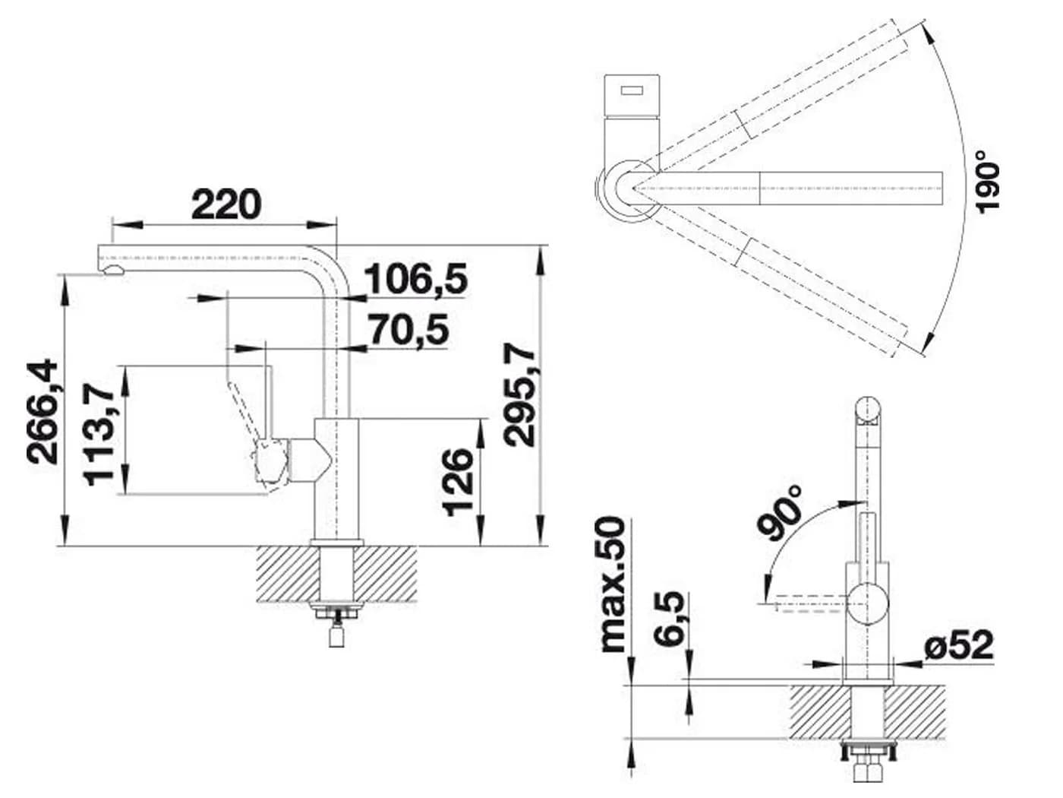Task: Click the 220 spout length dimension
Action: [x=226, y=204]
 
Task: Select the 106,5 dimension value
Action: [x=415, y=279]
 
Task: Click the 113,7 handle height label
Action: [x=99, y=434]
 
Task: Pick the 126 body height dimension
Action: [x=458, y=482]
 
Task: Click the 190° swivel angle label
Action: [x=987, y=181]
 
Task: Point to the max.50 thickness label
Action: [x=613, y=584]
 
